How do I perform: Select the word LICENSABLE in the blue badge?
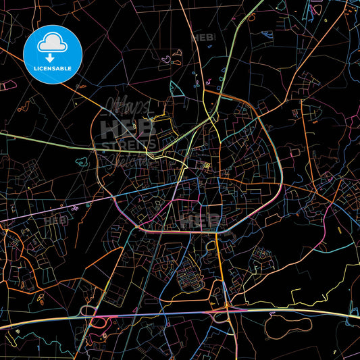(52, 68)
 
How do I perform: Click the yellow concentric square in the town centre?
(207, 165)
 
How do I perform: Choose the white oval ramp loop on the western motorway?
(88, 311)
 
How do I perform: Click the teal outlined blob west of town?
(81, 163)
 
